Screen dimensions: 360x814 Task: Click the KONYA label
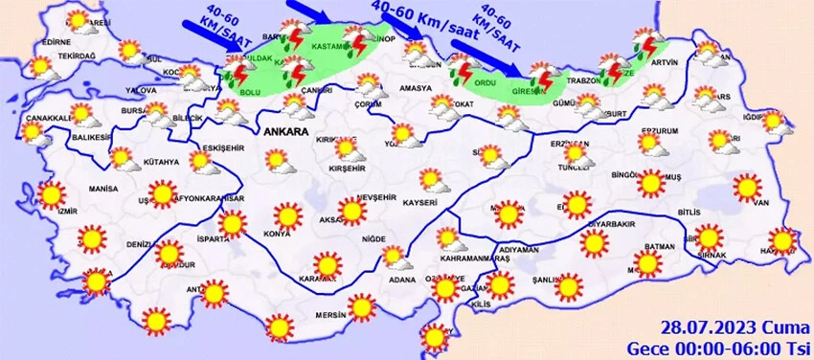click(277, 234)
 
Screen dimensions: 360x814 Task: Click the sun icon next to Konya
click(287, 215)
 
